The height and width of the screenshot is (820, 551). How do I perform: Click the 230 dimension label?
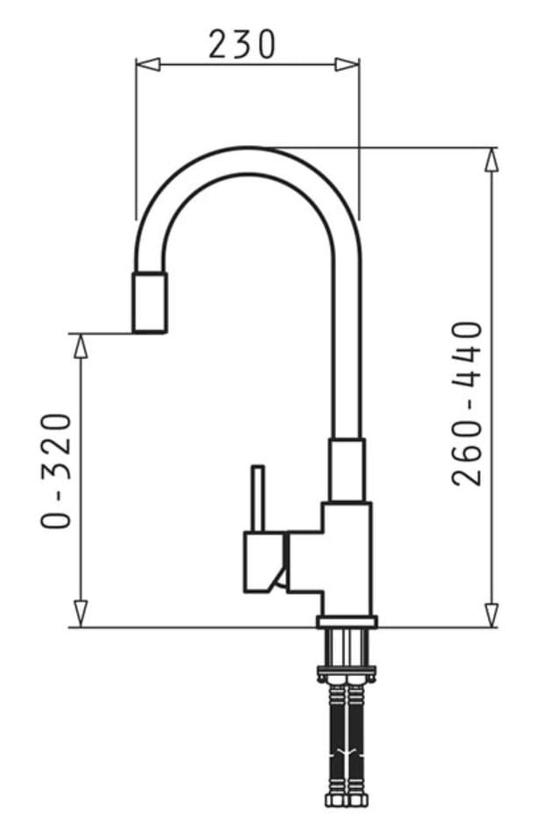pos(241,43)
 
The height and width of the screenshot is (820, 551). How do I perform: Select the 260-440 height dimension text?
pos(468,403)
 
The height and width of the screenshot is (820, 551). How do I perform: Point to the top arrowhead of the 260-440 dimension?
pos(491,159)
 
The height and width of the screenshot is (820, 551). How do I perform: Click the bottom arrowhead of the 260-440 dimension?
pos(491,615)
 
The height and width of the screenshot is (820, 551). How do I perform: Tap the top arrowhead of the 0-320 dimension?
pos(81,346)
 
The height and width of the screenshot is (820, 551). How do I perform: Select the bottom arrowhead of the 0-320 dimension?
pos(81,614)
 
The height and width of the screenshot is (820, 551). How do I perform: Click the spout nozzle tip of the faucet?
pos(149,303)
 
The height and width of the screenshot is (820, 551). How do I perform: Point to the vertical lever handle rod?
pos(258,498)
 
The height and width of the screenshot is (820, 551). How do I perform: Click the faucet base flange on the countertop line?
pos(347,622)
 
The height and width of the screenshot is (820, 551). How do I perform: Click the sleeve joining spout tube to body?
pos(347,469)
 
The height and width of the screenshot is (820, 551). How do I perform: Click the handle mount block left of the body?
pos(265,561)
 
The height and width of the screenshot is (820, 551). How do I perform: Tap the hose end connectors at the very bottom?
pos(347,800)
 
